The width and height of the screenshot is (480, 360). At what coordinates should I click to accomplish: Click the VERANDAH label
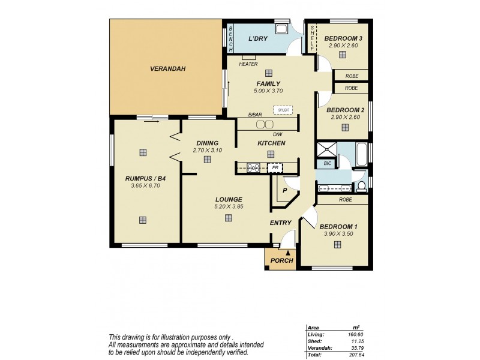point(167,69)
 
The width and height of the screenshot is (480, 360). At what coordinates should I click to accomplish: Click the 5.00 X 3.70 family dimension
point(268,91)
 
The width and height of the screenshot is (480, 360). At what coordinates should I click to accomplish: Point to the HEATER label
point(248,64)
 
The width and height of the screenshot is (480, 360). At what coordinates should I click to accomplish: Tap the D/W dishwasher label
point(277,134)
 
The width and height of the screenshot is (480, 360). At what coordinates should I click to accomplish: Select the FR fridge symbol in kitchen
point(275,168)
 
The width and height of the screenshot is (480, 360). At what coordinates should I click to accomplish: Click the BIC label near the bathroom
point(327,163)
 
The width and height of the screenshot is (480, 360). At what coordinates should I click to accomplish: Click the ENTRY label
point(280,223)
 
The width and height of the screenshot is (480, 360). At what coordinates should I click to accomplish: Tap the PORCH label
point(282,260)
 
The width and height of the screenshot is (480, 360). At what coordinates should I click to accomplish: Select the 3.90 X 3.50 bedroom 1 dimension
point(338,233)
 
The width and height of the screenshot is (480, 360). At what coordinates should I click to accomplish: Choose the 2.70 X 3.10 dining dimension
point(208,150)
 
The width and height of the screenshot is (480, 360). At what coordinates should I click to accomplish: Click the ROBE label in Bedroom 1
point(344,199)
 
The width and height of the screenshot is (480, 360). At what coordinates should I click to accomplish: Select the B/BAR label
point(255,115)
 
